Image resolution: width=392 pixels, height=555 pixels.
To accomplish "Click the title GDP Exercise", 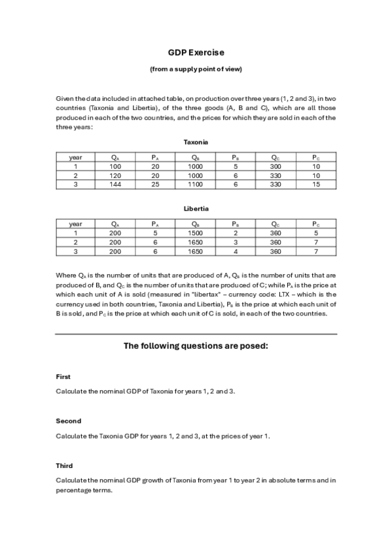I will coord(196,52).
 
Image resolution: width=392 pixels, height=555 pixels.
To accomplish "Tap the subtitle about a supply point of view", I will coord(196,69).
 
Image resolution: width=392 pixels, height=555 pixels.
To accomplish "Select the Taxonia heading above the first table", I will coord(196,142).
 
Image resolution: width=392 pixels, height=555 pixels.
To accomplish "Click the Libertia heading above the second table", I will coord(196,209).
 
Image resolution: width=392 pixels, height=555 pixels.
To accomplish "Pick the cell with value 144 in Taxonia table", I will coord(116,185).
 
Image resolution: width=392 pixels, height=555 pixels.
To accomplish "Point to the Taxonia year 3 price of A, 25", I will coord(154,185).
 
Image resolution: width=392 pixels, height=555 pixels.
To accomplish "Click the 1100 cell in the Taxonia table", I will coord(196,185).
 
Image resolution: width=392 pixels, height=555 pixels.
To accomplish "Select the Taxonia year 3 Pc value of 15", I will coord(316,185).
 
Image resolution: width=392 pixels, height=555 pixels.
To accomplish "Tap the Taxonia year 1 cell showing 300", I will coord(276,167).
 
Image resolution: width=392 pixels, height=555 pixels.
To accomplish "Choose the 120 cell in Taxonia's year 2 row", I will coord(116,176).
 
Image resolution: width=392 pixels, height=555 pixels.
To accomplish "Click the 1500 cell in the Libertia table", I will coord(196,233).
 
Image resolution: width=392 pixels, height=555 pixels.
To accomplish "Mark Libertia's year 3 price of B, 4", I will coord(235,251).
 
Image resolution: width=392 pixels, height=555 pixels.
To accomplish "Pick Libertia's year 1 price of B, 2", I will coord(235,233).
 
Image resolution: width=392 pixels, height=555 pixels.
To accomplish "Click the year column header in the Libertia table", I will coord(76,224).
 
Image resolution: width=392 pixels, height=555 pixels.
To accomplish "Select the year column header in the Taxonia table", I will coord(76,158).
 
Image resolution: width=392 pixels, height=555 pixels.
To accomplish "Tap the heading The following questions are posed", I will coord(196,346).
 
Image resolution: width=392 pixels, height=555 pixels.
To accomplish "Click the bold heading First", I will coord(63,377).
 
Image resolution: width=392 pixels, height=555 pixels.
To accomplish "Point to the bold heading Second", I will coord(68,421).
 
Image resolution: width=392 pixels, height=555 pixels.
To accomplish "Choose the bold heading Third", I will coord(64,465).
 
